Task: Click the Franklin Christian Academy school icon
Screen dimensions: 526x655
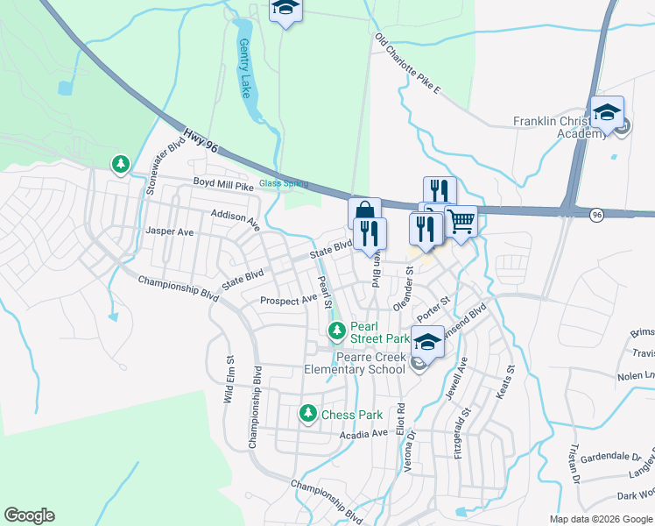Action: pyautogui.click(x=606, y=113)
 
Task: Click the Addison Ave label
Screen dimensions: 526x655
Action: pyautogui.click(x=236, y=219)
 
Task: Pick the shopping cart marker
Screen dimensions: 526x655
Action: pyautogui.click(x=461, y=221)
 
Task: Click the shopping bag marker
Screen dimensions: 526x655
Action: pyautogui.click(x=363, y=213)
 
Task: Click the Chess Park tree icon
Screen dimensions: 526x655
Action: pyautogui.click(x=307, y=413)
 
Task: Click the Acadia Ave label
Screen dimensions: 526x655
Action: pyautogui.click(x=361, y=433)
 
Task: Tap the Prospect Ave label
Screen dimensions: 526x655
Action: pyautogui.click(x=288, y=300)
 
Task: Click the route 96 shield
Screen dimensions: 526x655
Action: pyautogui.click(x=596, y=215)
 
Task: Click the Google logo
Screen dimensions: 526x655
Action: pyautogui.click(x=30, y=515)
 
